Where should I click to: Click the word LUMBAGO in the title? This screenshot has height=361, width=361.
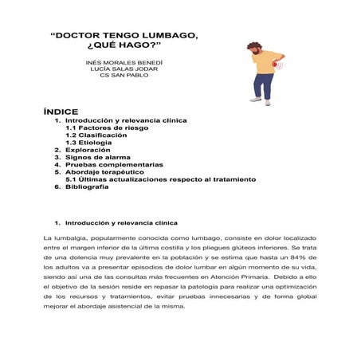tap(165, 37)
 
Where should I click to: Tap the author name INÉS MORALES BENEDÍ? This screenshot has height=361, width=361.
tap(124, 62)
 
